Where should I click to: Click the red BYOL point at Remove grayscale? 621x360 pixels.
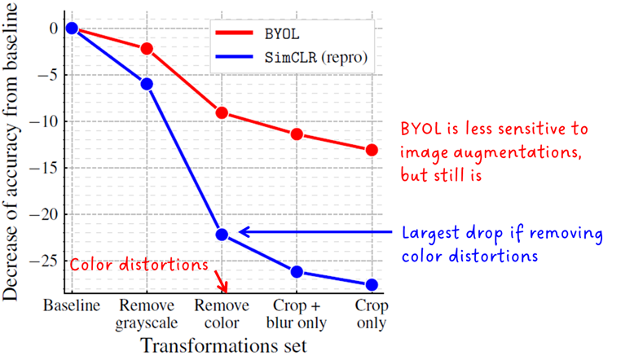coord(147,49)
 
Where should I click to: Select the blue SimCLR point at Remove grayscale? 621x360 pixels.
coord(147,84)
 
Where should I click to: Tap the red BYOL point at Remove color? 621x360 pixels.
coord(222,112)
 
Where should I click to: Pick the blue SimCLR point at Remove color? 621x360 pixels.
coord(222,235)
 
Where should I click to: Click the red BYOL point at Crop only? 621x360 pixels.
coord(372,150)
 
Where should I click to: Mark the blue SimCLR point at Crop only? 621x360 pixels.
coord(372,284)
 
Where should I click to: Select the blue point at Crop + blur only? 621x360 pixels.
coord(297,272)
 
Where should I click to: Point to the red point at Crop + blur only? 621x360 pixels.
coord(297,134)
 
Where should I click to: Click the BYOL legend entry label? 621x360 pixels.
coord(282,34)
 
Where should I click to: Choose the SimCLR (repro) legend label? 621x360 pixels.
coord(316,58)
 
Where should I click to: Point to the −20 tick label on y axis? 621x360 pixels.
coord(44,214)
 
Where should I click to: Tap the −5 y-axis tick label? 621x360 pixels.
coord(48,75)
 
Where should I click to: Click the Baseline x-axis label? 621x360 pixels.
coord(72,305)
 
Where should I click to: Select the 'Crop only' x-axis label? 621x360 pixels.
coord(372,314)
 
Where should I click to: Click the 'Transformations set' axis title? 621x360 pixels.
coord(224,345)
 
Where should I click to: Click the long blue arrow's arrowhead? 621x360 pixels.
coord(244,232)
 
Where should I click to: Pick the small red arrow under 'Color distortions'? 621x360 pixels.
coord(221,281)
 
